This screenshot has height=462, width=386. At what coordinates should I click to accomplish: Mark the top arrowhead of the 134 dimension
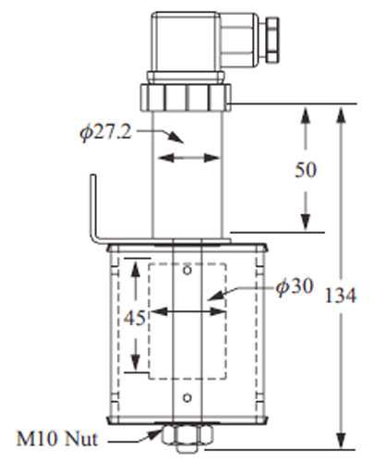click(x=343, y=114)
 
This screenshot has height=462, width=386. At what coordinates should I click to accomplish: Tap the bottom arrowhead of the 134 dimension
click(x=343, y=439)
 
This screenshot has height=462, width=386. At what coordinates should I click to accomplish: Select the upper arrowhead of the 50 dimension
click(x=306, y=114)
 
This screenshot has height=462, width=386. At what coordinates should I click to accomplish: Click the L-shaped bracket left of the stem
click(x=95, y=222)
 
